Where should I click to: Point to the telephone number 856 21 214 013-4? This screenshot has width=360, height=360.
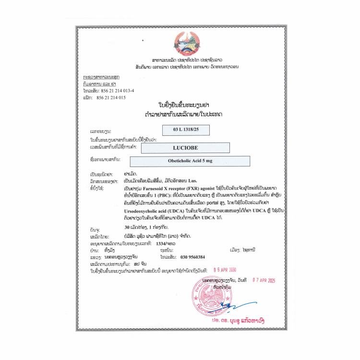pos(116,90)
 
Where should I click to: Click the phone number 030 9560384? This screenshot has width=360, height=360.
pos(196,257)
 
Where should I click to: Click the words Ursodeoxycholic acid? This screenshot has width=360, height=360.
pos(146,211)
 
